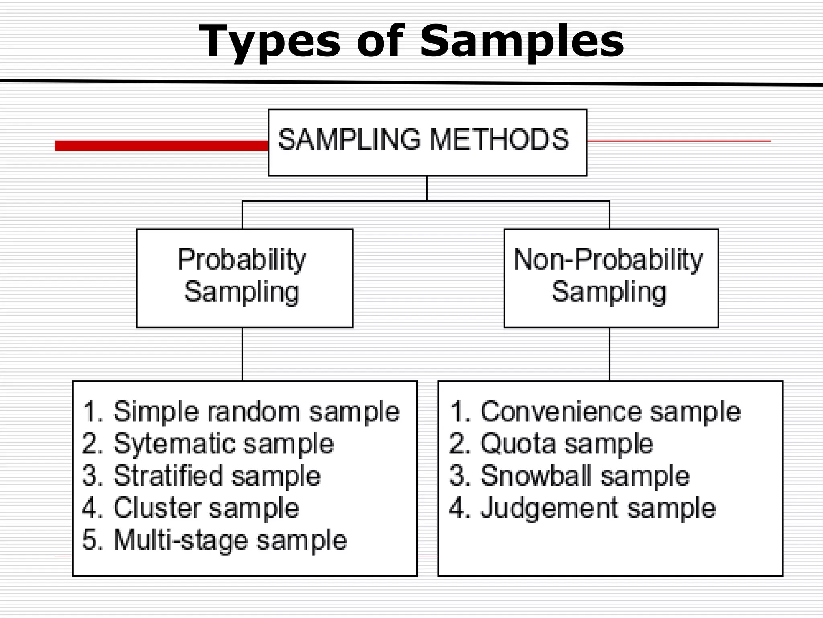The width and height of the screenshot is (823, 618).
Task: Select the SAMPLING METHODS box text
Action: (423, 140)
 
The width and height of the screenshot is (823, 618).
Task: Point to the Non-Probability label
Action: (608, 260)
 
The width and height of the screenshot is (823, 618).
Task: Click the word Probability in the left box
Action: (242, 260)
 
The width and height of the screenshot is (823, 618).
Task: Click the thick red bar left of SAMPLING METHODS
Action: (161, 146)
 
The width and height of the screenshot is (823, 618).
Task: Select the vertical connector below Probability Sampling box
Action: (242, 354)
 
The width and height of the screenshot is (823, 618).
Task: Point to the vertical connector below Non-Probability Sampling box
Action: (610, 354)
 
